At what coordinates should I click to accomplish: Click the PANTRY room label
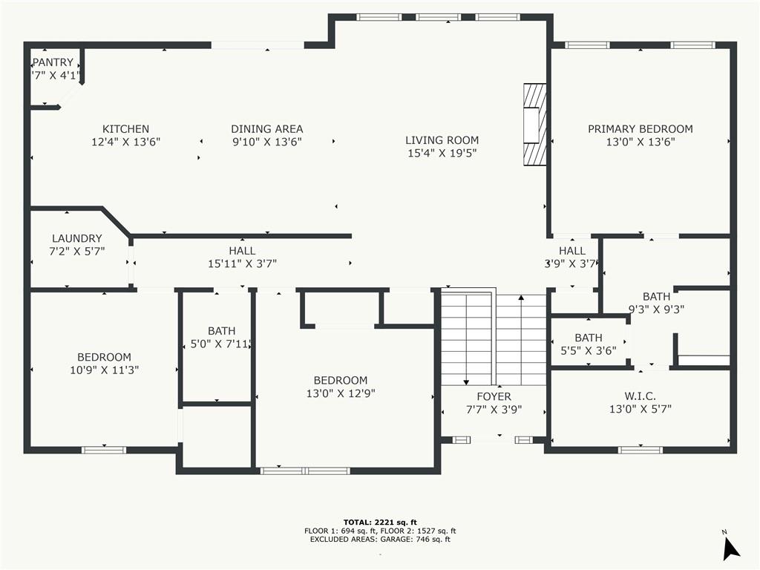(53, 62)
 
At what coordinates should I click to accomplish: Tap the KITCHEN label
(125, 129)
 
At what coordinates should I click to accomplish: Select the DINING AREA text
(267, 129)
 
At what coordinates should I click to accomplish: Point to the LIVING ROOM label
(442, 140)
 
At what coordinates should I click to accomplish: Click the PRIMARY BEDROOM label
(641, 129)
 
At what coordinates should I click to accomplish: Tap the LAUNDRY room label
(77, 238)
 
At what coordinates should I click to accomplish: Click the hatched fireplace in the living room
(534, 125)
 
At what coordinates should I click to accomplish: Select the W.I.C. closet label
(641, 396)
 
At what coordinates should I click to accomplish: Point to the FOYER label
(494, 396)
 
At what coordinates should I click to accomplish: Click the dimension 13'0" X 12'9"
(341, 393)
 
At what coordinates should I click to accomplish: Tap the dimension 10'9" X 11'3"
(104, 370)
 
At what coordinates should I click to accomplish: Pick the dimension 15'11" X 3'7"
(243, 263)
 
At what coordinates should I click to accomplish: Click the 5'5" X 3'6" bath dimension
(589, 350)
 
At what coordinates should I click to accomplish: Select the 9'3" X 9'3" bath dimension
(656, 309)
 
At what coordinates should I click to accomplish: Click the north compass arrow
(730, 548)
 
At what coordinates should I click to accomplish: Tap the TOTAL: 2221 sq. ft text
(380, 522)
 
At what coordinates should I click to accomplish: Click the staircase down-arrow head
(466, 382)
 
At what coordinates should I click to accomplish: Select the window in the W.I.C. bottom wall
(641, 450)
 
